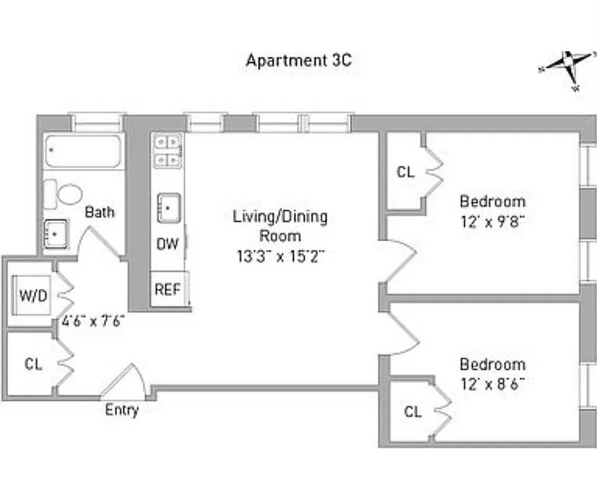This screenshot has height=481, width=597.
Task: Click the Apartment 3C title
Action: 298,60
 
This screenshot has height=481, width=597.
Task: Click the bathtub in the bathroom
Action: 82,152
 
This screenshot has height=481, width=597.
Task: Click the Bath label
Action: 100,212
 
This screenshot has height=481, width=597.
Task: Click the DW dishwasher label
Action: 167,244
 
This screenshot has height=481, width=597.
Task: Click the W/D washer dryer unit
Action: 32,295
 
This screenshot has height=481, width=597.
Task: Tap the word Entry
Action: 121,410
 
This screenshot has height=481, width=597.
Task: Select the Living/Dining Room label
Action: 280,225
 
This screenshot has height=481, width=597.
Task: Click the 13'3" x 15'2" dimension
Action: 280,255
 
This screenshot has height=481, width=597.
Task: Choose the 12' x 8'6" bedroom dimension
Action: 492,383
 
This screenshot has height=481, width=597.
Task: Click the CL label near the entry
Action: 33,364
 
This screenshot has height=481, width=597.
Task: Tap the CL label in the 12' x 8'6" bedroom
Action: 412,412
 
